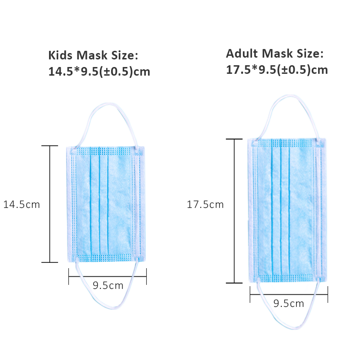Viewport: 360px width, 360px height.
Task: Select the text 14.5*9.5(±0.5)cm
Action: tap(99, 72)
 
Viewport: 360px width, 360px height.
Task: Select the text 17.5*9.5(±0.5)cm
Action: tap(277, 70)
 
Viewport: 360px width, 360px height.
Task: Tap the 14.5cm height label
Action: tap(22, 204)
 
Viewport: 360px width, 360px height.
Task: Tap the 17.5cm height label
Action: tap(205, 204)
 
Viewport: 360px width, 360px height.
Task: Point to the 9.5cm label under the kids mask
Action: tap(108, 285)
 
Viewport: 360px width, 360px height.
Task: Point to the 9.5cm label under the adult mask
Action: tap(288, 303)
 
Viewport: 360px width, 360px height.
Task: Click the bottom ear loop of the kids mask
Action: tap(108, 307)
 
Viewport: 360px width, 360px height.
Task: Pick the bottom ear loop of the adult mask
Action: tap(288, 328)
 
